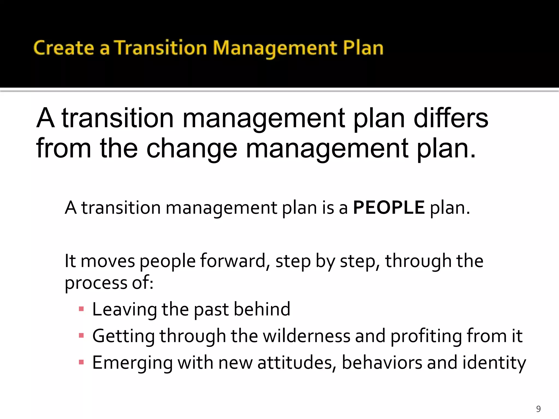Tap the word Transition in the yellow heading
[160, 48]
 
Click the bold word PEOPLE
[389, 208]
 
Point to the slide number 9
[538, 409]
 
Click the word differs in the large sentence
[451, 118]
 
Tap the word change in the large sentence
[192, 148]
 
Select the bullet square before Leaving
[81, 309]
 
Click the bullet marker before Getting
[81, 336]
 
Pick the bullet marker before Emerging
[81, 362]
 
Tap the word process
[96, 283]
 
